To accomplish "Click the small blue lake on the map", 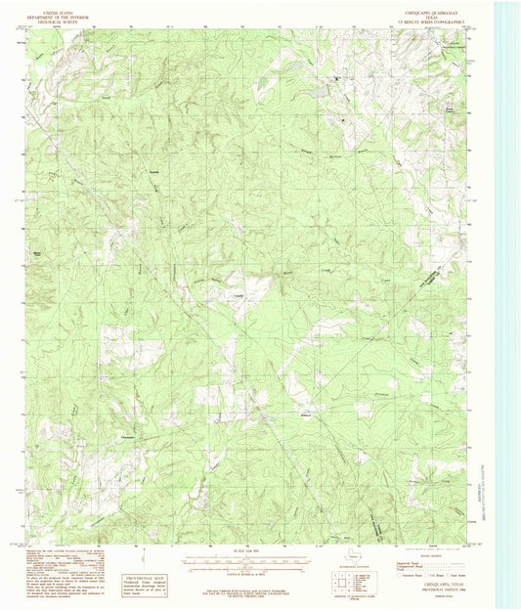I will (x=319, y=91).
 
